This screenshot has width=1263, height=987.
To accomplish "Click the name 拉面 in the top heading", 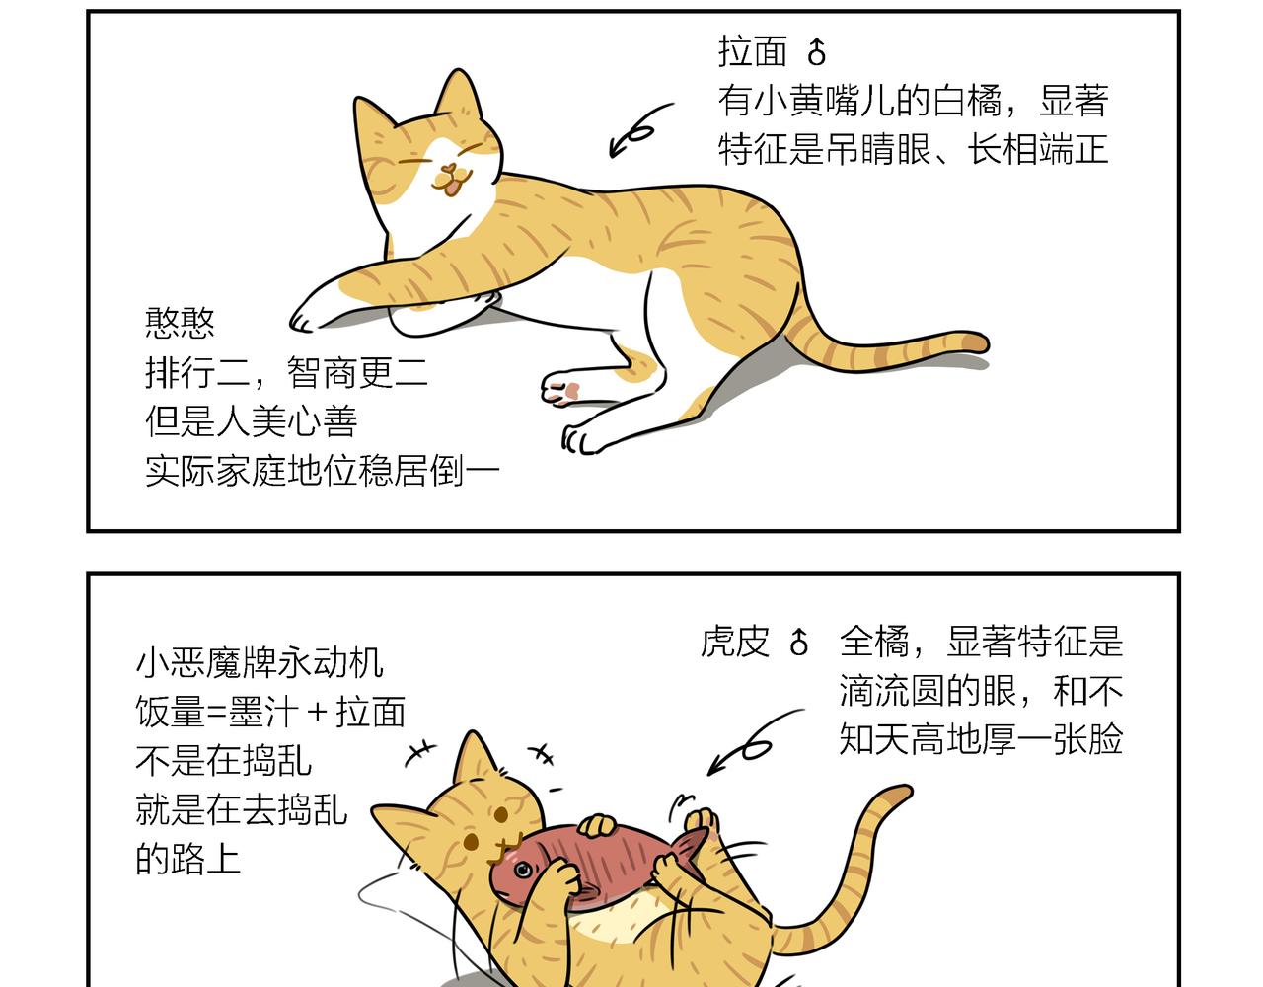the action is click(x=753, y=51).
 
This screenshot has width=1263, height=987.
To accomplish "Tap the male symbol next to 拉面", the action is click(x=817, y=52).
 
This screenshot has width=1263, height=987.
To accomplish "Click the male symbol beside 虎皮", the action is click(x=799, y=642).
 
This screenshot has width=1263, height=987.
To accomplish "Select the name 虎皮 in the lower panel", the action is click(x=735, y=642).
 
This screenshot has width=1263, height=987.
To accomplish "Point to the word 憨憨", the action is click(x=180, y=323).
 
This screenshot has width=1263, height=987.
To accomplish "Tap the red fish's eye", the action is click(x=523, y=870).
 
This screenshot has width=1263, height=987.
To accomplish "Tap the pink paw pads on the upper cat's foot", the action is click(x=565, y=391).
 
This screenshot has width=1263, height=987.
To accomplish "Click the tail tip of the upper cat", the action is click(x=978, y=342).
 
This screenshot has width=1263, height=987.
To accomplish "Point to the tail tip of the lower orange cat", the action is click(x=898, y=794).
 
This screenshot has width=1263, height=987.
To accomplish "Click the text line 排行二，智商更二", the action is click(x=286, y=373).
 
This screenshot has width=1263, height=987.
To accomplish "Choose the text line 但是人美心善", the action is click(x=251, y=420).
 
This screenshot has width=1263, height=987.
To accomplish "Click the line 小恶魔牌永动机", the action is click(x=260, y=662).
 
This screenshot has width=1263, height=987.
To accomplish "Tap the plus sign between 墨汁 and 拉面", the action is click(x=318, y=713).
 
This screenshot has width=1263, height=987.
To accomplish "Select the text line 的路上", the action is click(x=188, y=859).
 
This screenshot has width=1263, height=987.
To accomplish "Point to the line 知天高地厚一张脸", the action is click(x=981, y=739).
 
